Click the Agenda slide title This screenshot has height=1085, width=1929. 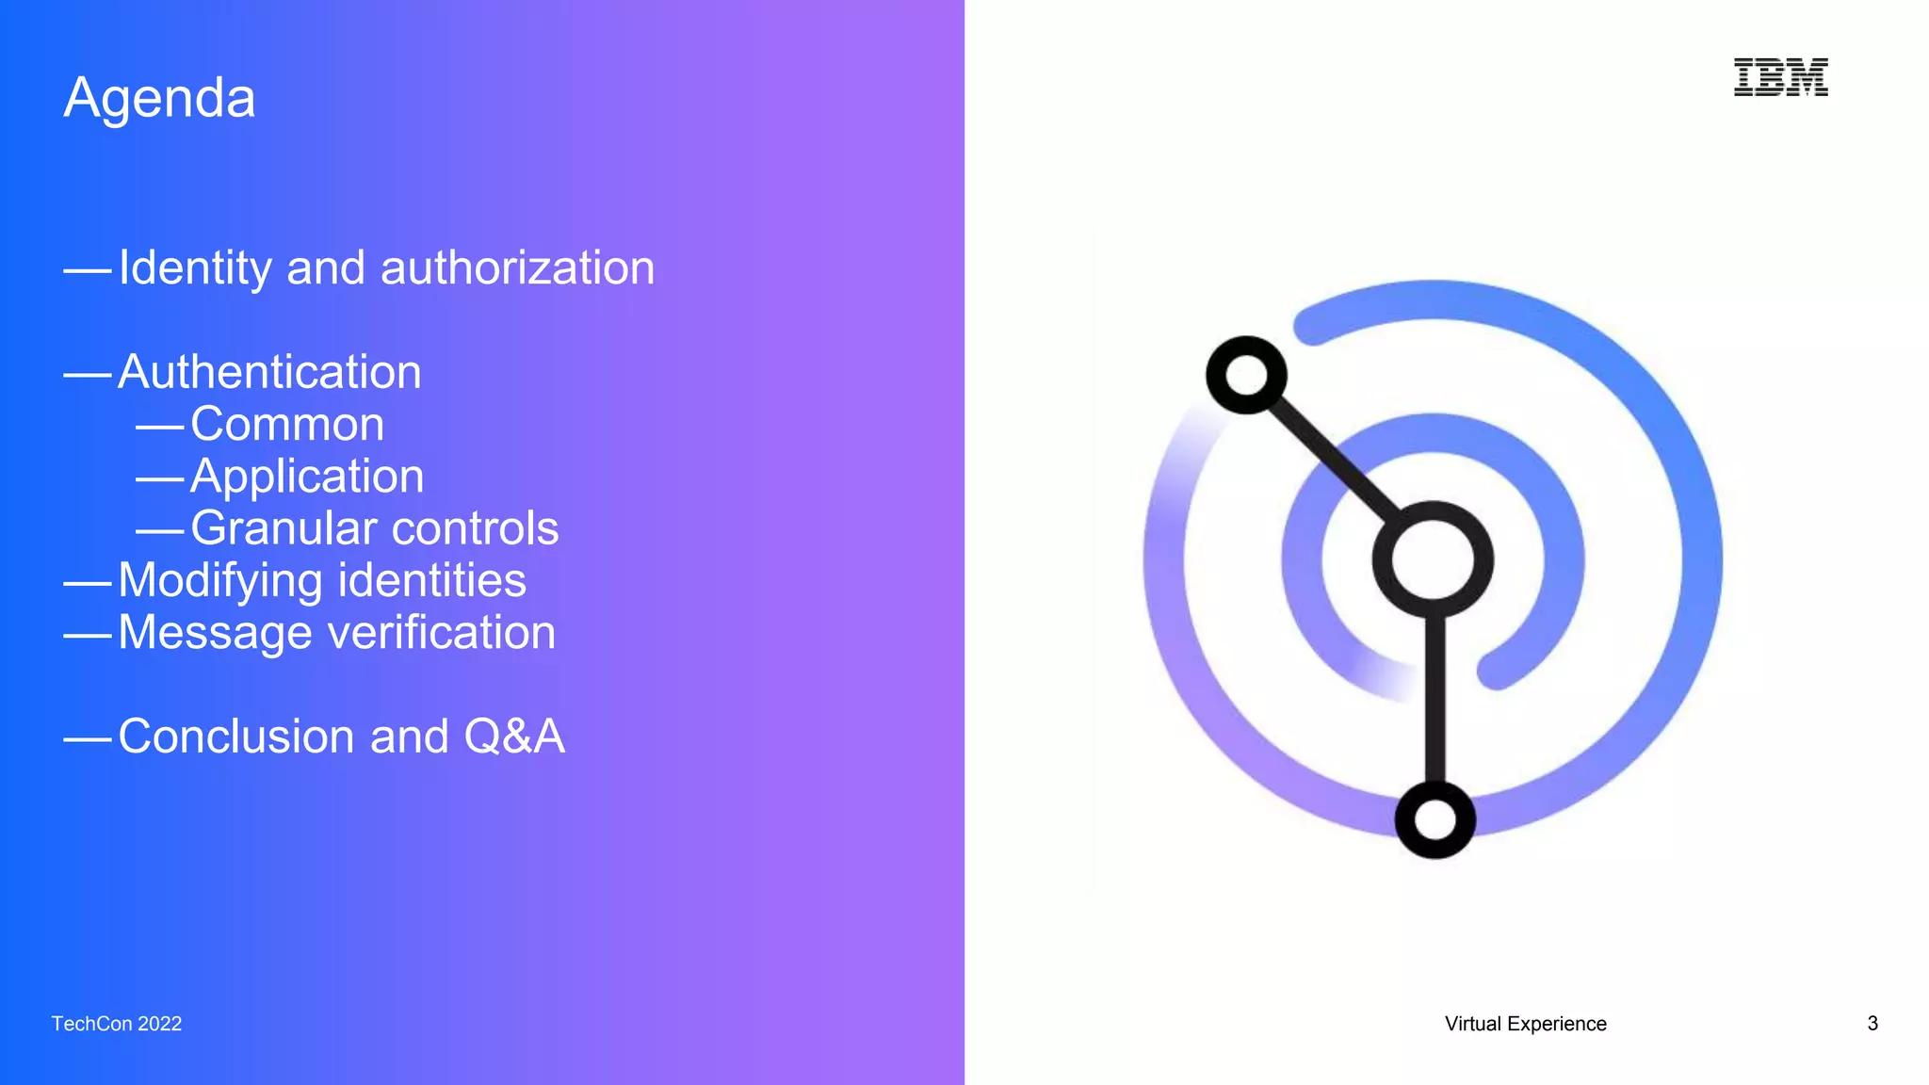(x=159, y=98)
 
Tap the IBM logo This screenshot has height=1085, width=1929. (x=1780, y=77)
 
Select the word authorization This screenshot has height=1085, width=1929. (x=517, y=268)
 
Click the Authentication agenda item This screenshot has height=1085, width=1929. (x=269, y=372)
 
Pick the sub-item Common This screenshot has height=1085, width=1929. (x=287, y=424)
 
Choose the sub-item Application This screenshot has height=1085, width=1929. (x=307, y=477)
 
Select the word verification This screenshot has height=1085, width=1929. (x=442, y=632)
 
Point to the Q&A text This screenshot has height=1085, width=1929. (x=514, y=737)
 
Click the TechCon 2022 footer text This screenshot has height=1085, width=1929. (x=117, y=1024)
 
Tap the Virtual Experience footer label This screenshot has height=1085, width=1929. (x=1525, y=1024)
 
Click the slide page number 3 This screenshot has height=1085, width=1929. (x=1872, y=1024)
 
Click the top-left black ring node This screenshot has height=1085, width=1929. (x=1246, y=375)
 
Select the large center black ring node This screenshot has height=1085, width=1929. (x=1433, y=560)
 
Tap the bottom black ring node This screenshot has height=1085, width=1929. (x=1435, y=819)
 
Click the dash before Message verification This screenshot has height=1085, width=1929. (x=88, y=636)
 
